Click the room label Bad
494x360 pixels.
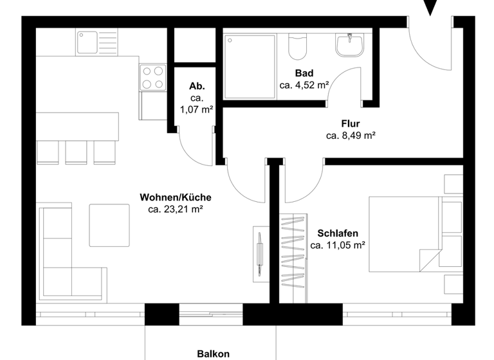(304, 73)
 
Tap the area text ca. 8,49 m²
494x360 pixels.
(351, 136)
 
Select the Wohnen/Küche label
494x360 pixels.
(176, 197)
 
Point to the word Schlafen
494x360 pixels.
(338, 233)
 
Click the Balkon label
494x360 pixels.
(213, 354)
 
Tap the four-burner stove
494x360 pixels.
(152, 77)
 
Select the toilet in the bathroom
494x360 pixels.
(298, 46)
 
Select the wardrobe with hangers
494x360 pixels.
(293, 257)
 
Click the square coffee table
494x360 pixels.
(109, 225)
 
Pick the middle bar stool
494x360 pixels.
(77, 150)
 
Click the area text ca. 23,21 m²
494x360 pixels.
(175, 209)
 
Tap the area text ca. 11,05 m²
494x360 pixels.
(338, 245)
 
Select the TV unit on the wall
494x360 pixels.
(261, 253)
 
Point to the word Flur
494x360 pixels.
(351, 124)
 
